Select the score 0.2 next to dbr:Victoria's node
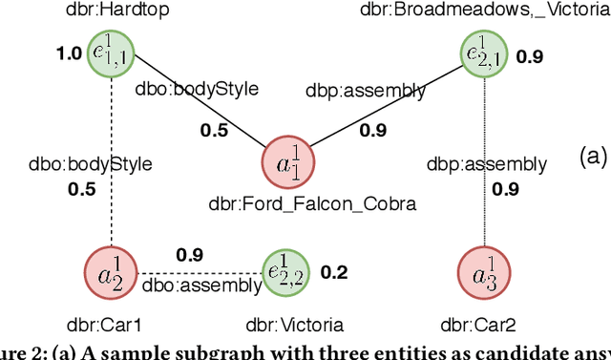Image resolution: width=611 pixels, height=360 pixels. coord(333,273)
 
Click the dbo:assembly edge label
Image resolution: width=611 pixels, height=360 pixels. coord(200,284)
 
